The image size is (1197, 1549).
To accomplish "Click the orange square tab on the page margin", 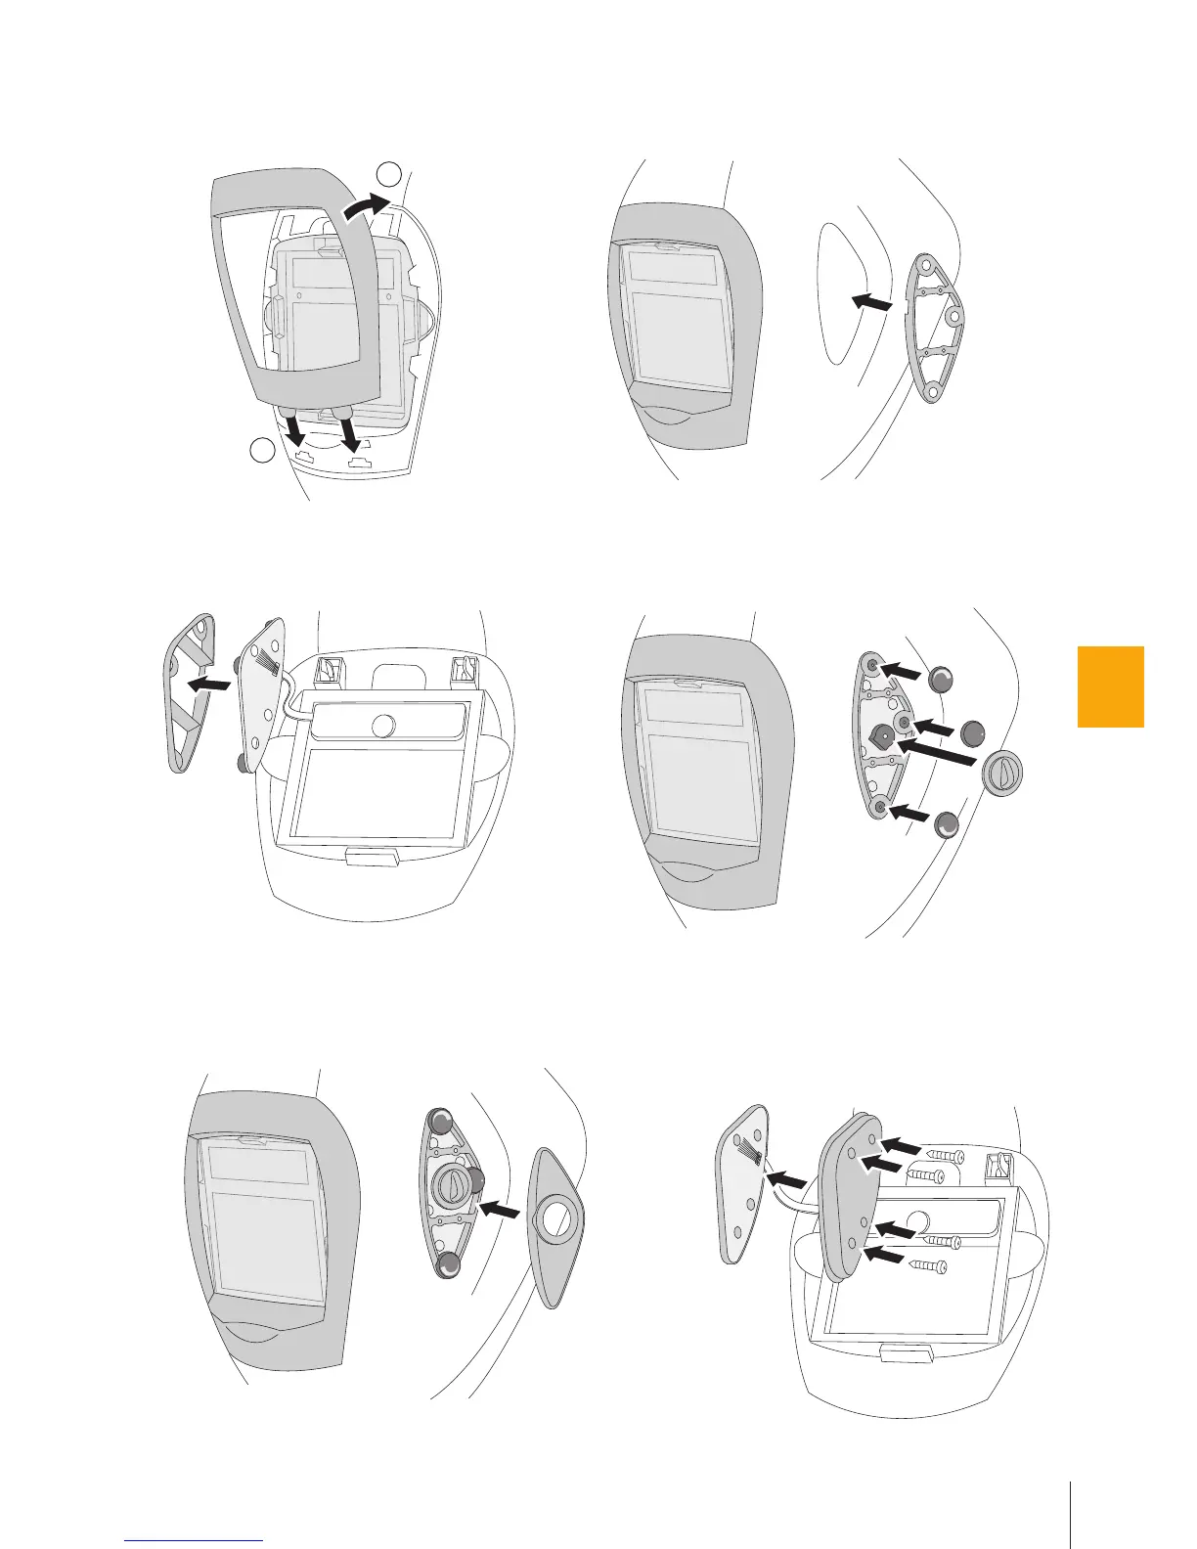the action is [1110, 686].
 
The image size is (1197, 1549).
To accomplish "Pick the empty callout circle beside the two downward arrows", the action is [261, 451].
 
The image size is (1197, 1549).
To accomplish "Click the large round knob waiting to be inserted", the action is [1002, 775].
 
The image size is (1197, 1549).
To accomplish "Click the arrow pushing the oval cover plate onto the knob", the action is [502, 1210].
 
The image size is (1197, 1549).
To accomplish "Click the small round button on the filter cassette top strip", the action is [383, 725].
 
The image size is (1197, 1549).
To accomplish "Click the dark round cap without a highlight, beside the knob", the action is [972, 732].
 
